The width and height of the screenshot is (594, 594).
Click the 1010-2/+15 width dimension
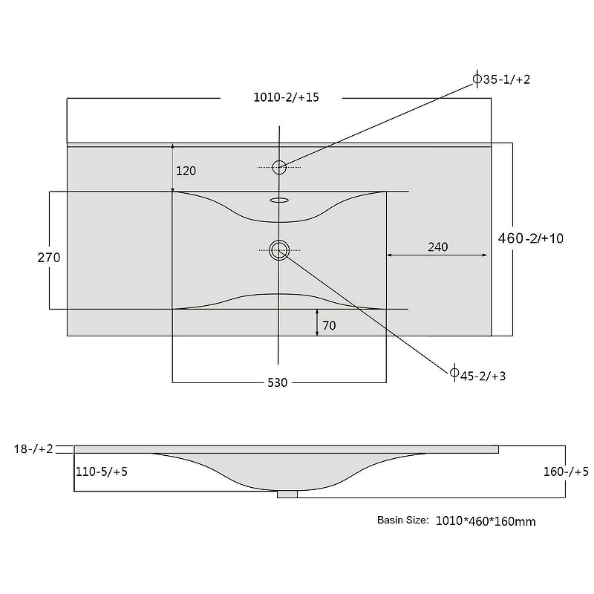pyautogui.click(x=286, y=97)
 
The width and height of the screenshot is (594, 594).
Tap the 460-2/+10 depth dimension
pyautogui.click(x=531, y=238)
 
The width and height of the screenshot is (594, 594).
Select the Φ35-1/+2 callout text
pyautogui.click(x=502, y=79)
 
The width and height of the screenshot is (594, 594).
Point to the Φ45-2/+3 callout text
pyautogui.click(x=477, y=375)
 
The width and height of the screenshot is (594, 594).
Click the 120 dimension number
pyautogui.click(x=186, y=171)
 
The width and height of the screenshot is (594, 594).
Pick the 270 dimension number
pyautogui.click(x=49, y=258)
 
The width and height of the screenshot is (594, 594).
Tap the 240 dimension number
pyautogui.click(x=438, y=247)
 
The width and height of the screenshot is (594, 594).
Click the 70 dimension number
pyautogui.click(x=329, y=325)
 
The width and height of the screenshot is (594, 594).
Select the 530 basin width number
pyautogui.click(x=277, y=382)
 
